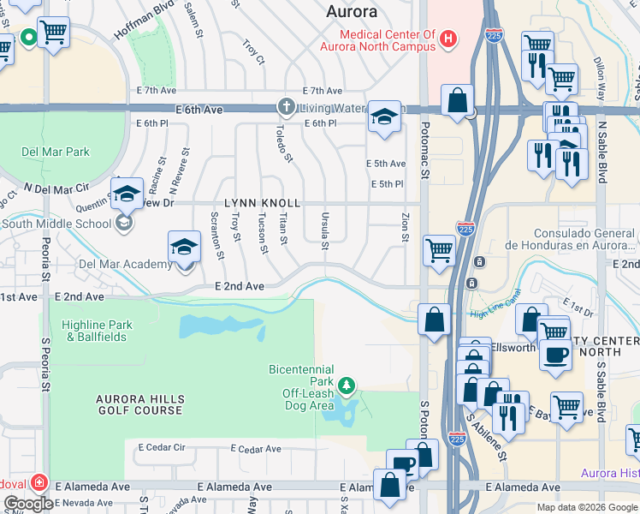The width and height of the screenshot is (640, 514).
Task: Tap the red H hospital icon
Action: (447, 39)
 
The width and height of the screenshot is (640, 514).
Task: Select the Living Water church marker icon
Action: (285, 106)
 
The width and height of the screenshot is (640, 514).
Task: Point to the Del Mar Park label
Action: (55, 152)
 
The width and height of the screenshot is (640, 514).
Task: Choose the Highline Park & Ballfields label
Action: (97, 331)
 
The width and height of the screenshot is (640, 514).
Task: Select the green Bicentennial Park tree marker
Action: (347, 385)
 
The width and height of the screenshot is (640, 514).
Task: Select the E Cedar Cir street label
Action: (156, 447)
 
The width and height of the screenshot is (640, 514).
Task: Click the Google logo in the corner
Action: (28, 504)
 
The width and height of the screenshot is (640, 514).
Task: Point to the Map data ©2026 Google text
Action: (586, 507)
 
